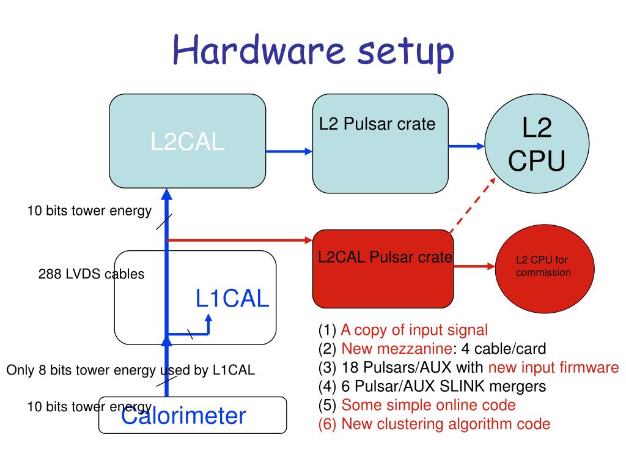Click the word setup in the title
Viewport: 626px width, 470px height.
pyautogui.click(x=406, y=53)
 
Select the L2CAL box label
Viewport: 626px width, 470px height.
pyautogui.click(x=187, y=141)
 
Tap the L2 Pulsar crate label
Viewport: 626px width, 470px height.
pyautogui.click(x=377, y=124)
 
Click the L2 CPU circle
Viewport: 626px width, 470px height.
pyautogui.click(x=537, y=143)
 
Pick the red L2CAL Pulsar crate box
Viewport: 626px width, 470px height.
pyautogui.click(x=383, y=269)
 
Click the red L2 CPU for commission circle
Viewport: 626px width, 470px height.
pyautogui.click(x=545, y=269)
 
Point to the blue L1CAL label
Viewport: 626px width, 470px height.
pyautogui.click(x=232, y=299)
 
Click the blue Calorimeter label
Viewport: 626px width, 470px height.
pyautogui.click(x=183, y=416)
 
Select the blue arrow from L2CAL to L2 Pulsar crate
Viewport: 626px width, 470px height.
pyautogui.click(x=289, y=152)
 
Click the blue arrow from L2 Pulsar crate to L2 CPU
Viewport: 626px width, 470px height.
pyautogui.click(x=466, y=146)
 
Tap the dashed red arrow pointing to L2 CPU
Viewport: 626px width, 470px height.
pyautogui.click(x=473, y=206)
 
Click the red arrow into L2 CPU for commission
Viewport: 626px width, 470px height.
pyautogui.click(x=474, y=266)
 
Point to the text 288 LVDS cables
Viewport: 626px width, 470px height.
pyautogui.click(x=92, y=274)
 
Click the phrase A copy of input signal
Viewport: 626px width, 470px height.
pyautogui.click(x=414, y=330)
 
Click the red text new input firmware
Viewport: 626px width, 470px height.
pyautogui.click(x=554, y=367)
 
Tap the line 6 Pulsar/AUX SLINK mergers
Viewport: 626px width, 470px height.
pyautogui.click(x=432, y=387)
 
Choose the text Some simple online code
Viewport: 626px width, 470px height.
pyautogui.click(x=429, y=405)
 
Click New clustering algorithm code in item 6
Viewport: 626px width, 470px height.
pyautogui.click(x=446, y=424)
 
